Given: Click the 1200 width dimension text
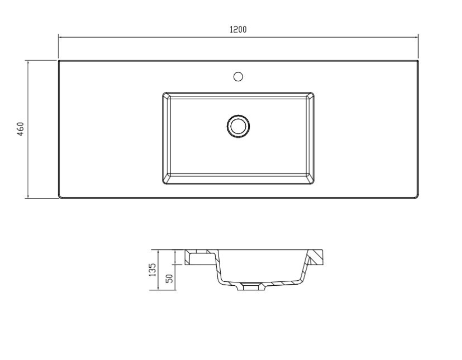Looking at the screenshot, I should [238, 30].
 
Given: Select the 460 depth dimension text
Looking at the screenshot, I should [21, 129].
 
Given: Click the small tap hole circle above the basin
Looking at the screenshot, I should [238, 76].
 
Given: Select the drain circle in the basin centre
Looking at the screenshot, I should [238, 125].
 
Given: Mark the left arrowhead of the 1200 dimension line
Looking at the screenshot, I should [60, 37].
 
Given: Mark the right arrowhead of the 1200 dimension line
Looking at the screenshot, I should [417, 37].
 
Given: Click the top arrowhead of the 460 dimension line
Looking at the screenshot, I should [28, 62].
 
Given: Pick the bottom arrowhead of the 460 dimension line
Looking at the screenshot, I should [28, 197].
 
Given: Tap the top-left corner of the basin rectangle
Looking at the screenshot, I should [164, 93].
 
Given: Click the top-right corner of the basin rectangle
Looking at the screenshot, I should [313, 93].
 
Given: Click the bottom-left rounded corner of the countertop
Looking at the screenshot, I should [60, 197].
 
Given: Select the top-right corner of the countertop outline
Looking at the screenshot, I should [418, 61].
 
